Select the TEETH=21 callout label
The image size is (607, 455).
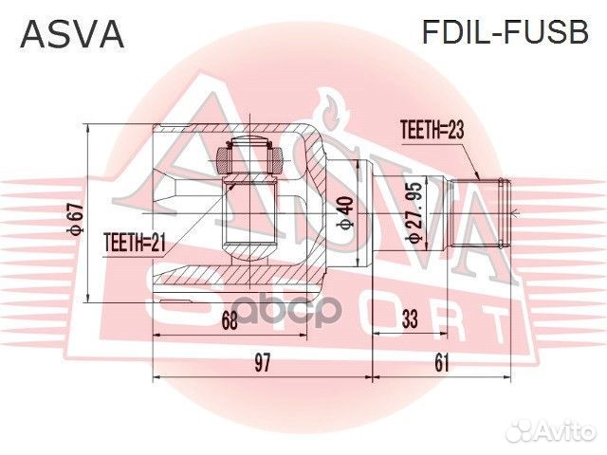coord(134,244)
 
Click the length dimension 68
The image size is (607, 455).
coord(230,320)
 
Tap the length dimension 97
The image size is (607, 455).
coord(263,361)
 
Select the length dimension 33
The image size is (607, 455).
coord(410,320)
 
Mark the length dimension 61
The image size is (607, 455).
coord(442,361)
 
